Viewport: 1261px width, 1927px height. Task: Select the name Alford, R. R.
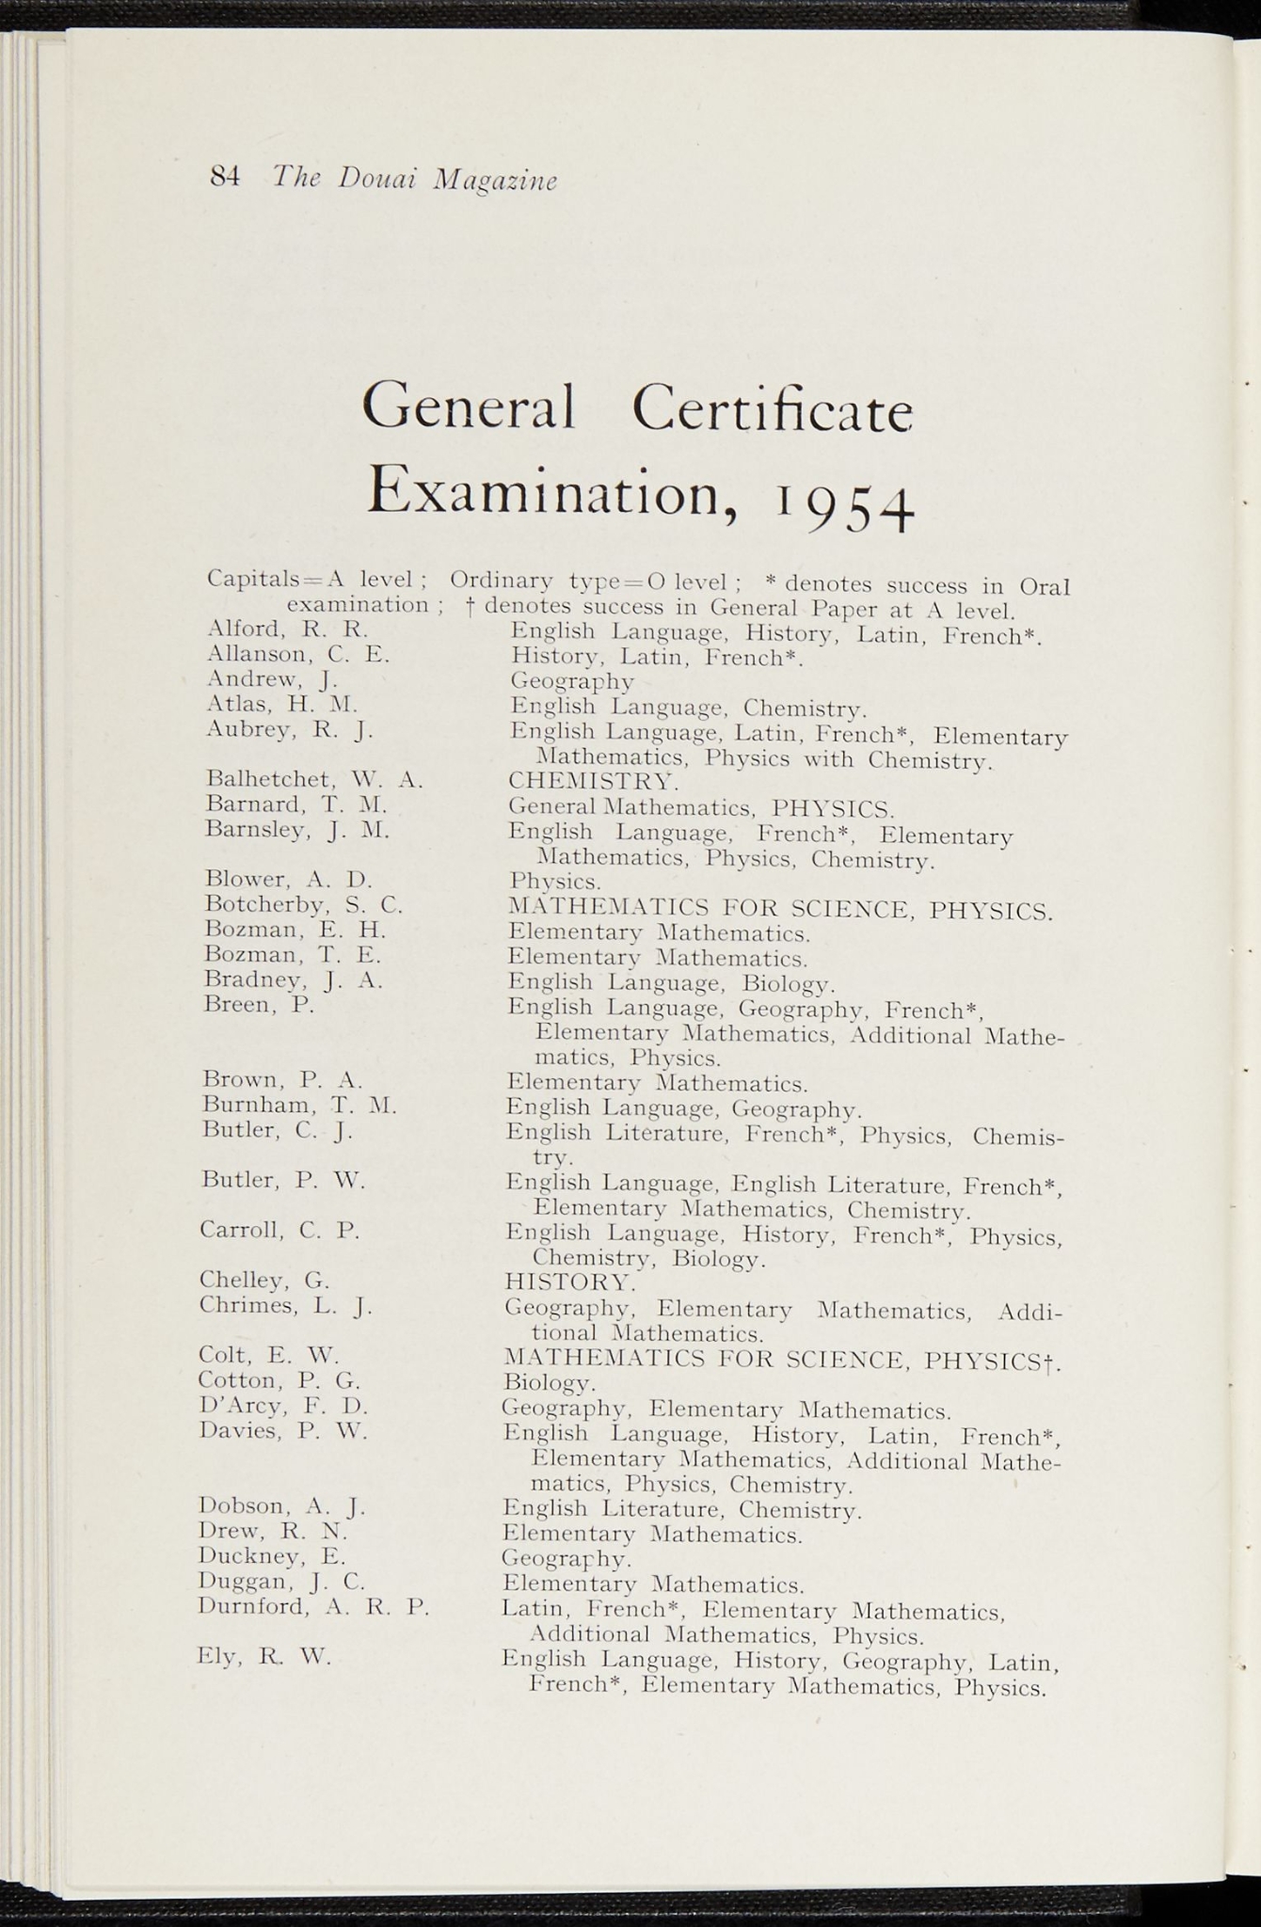pos(287,629)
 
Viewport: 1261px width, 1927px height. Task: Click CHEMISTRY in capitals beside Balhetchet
pos(593,781)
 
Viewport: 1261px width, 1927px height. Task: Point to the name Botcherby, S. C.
pos(303,905)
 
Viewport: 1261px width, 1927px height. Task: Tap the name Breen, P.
pos(259,1005)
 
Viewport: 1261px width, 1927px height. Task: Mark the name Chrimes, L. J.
pos(285,1306)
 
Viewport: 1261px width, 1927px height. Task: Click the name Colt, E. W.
pos(268,1356)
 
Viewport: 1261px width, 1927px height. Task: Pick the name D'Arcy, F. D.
pos(283,1407)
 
